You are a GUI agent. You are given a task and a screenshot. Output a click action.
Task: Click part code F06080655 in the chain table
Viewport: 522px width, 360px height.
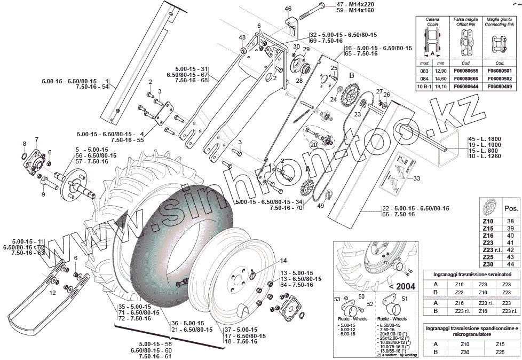pyautogui.click(x=465, y=71)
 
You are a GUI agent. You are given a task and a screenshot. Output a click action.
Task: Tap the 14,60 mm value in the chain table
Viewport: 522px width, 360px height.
pyautogui.click(x=441, y=78)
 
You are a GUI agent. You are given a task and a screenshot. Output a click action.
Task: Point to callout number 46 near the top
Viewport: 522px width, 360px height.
pyautogui.click(x=288, y=9)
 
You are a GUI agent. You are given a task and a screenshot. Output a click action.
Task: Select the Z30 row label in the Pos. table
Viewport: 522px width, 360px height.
pyautogui.click(x=488, y=264)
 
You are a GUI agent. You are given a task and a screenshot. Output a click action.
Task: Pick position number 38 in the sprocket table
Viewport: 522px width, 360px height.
pyautogui.click(x=510, y=221)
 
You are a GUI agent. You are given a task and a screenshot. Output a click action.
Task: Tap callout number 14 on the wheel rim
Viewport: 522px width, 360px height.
pyautogui.click(x=283, y=260)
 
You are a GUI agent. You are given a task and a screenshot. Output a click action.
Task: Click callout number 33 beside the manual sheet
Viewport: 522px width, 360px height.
pyautogui.click(x=417, y=178)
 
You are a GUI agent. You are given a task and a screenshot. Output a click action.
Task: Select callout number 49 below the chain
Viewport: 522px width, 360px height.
pyautogui.click(x=321, y=206)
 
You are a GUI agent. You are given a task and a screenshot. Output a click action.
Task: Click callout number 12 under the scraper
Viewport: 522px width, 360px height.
pyautogui.click(x=52, y=293)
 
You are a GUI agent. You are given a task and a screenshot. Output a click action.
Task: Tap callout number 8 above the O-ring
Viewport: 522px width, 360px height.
pyautogui.click(x=24, y=144)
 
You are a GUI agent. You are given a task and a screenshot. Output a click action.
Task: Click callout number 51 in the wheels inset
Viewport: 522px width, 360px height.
pyautogui.click(x=404, y=299)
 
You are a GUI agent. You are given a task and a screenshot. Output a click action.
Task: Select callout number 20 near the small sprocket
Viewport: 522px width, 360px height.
pyautogui.click(x=313, y=145)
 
